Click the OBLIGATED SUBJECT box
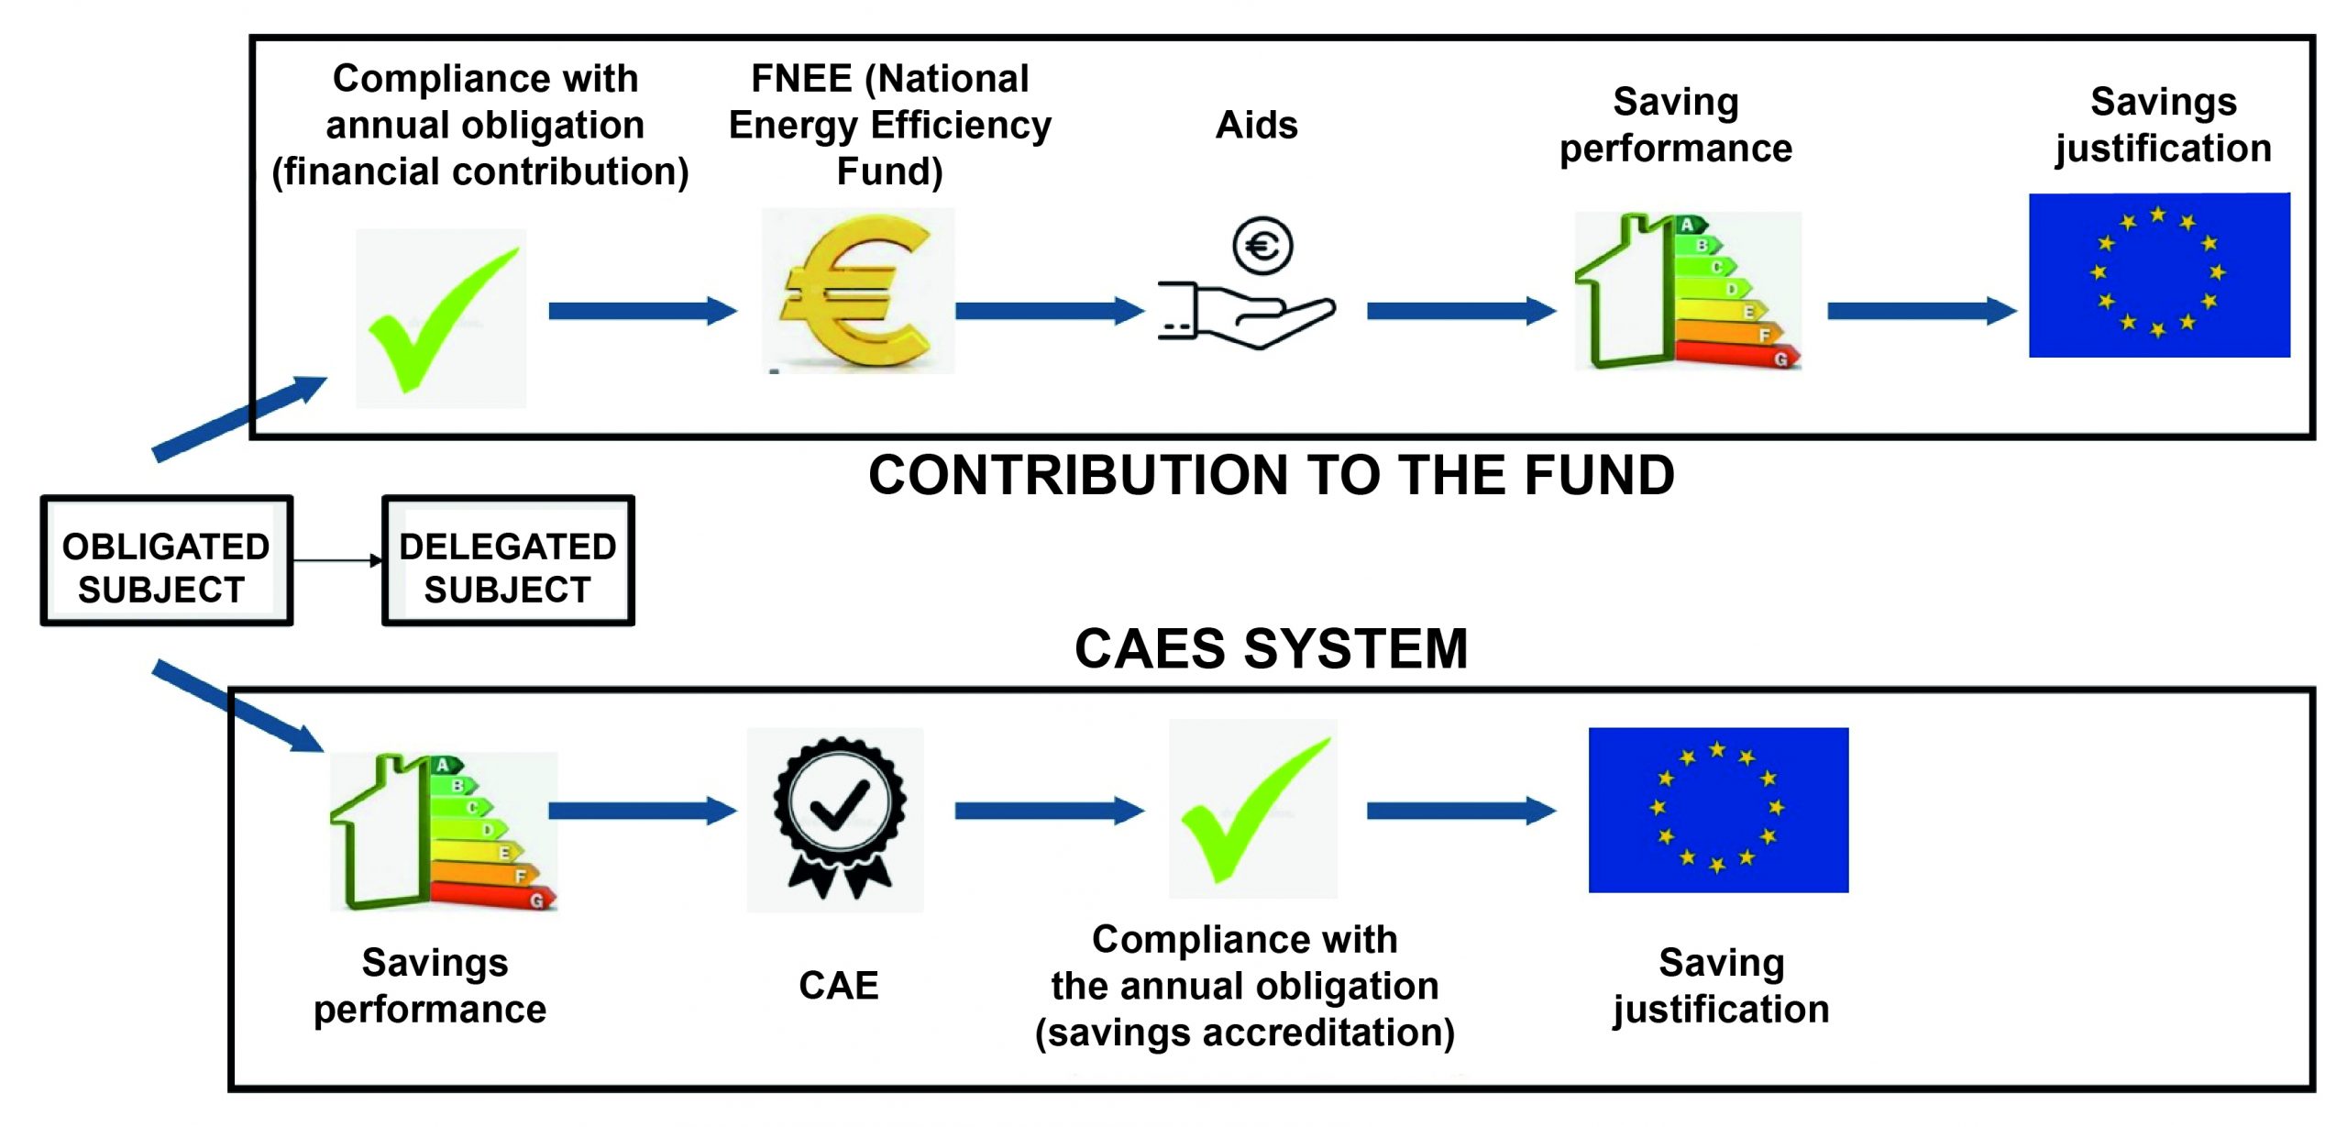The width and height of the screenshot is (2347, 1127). (x=166, y=561)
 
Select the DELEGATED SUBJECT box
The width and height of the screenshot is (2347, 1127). (x=507, y=561)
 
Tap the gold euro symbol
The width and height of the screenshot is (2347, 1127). (x=857, y=292)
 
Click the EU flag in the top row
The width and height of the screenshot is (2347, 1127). (x=2159, y=275)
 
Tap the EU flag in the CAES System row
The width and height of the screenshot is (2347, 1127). (x=1718, y=810)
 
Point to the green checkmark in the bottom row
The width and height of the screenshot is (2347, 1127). (x=1252, y=809)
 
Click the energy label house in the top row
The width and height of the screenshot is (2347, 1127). (x=1687, y=292)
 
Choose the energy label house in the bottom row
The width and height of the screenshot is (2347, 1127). (x=443, y=832)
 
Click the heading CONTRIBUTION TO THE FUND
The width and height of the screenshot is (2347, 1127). (x=1271, y=476)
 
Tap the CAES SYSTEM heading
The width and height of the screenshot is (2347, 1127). (x=1271, y=648)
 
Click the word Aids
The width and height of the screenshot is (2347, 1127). (x=1256, y=125)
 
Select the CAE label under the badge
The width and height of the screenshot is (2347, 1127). (x=838, y=986)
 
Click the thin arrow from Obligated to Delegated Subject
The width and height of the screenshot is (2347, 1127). (x=336, y=560)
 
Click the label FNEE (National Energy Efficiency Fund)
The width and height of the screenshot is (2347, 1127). (x=889, y=125)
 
